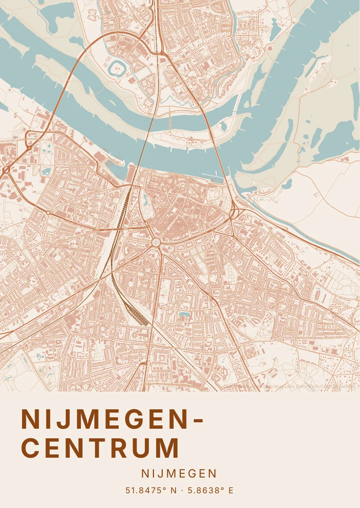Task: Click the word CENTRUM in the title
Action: [100, 448]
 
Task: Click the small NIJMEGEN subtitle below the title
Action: [179, 474]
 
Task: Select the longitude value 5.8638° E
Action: [210, 490]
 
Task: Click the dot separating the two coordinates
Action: [182, 490]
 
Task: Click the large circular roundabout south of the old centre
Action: [156, 242]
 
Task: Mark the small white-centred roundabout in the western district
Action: [48, 213]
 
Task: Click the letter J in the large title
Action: [65, 419]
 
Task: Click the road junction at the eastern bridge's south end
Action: [233, 213]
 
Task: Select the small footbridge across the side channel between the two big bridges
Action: [170, 125]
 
